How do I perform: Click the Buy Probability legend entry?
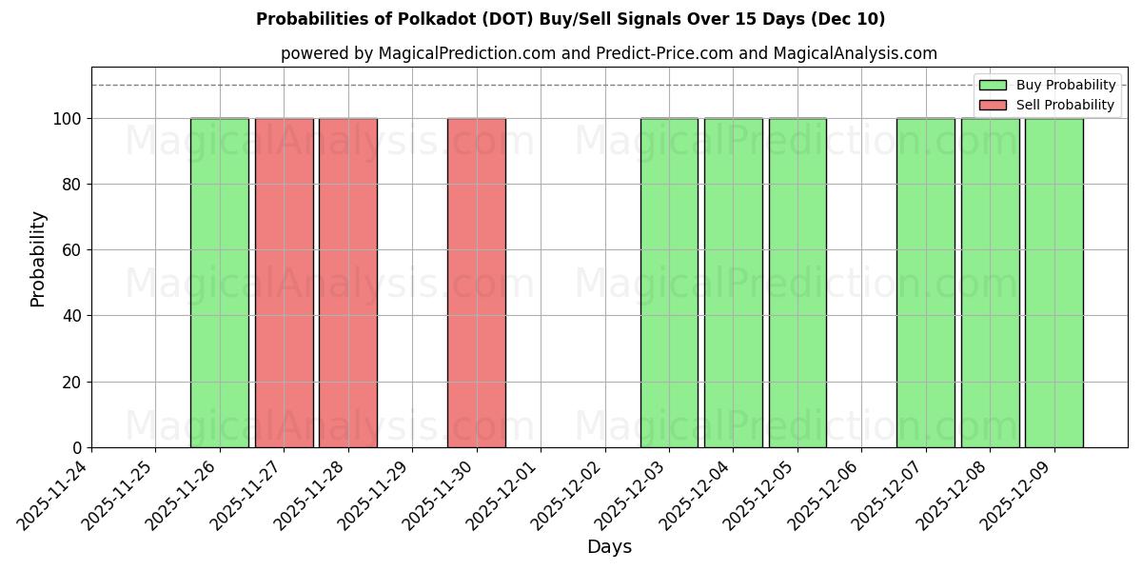(x=1047, y=85)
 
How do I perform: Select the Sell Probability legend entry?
(x=1047, y=105)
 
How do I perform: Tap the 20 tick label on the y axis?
(x=72, y=383)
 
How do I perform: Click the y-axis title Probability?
(x=38, y=258)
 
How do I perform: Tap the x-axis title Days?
(x=609, y=547)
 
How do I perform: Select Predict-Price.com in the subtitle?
(x=664, y=53)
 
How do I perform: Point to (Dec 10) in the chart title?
(x=848, y=19)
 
